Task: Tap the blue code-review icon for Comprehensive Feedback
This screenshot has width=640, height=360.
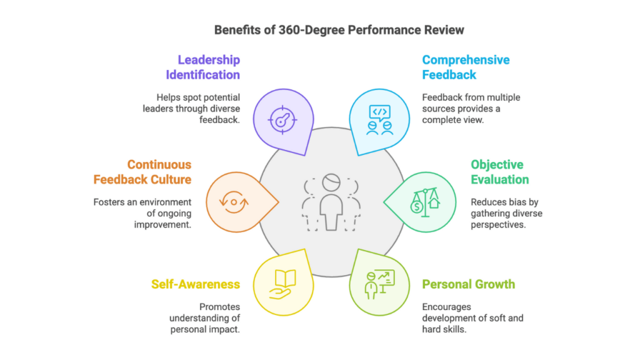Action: tap(380, 119)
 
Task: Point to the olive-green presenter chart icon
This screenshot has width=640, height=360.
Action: tap(380, 284)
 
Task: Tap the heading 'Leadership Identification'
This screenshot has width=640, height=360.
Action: tap(202, 67)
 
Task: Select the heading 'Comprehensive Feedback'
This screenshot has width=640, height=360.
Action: tap(466, 67)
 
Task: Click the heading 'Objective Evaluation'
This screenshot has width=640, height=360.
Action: tap(500, 172)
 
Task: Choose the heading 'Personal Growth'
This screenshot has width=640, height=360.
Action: tap(469, 284)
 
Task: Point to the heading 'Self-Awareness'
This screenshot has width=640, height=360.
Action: tap(196, 284)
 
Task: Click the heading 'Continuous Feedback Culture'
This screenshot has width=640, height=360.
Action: tap(142, 172)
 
